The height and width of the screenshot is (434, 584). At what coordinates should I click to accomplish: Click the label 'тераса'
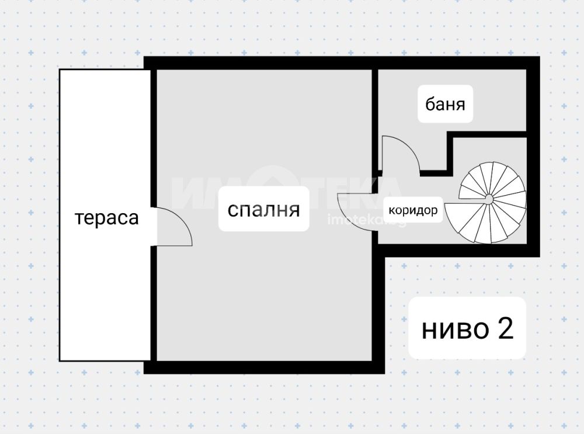107,218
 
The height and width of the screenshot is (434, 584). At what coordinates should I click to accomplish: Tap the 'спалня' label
264,210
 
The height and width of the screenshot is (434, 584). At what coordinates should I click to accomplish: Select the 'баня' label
445,105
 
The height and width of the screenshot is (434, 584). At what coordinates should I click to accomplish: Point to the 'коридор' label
413,210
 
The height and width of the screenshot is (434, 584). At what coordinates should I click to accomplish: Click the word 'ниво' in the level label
455,329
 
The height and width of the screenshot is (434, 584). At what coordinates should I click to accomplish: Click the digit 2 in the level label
505,328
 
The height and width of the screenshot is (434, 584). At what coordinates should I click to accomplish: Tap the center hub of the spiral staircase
488,198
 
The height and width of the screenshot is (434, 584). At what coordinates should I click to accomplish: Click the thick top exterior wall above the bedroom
260,63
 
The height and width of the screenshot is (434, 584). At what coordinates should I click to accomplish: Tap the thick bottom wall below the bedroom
264,367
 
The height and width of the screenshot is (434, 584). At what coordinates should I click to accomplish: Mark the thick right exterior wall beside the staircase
533,157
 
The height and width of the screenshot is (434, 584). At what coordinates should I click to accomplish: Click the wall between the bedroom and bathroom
375,119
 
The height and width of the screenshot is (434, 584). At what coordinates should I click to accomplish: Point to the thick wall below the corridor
459,251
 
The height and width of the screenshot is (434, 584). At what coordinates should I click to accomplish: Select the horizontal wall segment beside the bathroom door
433,173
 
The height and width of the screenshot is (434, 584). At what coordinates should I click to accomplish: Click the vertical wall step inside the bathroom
450,152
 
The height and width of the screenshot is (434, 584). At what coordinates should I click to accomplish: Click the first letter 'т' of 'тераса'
79,218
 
